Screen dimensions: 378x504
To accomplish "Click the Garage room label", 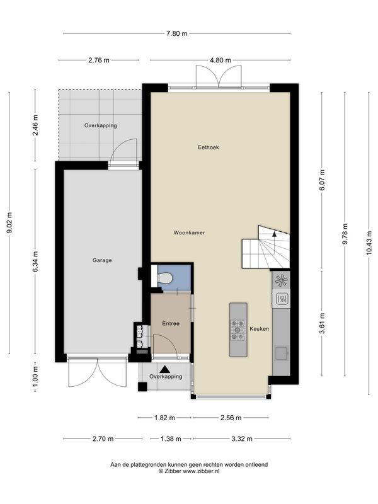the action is [102, 260].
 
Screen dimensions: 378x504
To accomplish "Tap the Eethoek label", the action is [209, 147].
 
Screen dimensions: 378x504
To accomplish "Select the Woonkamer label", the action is [189, 232].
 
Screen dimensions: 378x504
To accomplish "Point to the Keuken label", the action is [259, 329].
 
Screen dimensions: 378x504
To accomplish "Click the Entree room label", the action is [171, 324].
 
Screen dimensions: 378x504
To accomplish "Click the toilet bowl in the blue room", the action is [165, 278].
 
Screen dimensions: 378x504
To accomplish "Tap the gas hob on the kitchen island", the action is [238, 330].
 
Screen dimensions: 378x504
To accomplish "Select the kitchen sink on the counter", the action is [281, 353].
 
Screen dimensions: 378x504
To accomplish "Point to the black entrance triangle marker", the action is [165, 369].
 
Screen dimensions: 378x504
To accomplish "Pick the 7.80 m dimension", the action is [177, 33].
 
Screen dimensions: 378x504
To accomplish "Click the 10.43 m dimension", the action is [369, 243].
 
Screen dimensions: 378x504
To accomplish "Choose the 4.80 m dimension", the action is [220, 60].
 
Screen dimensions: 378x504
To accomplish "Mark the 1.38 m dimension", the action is [171, 438].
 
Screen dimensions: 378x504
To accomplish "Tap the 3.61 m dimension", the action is [322, 323].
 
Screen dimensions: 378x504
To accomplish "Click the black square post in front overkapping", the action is [142, 386].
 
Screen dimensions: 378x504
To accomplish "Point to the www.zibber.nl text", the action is [201, 471].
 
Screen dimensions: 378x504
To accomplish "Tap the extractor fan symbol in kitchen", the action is [281, 280].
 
